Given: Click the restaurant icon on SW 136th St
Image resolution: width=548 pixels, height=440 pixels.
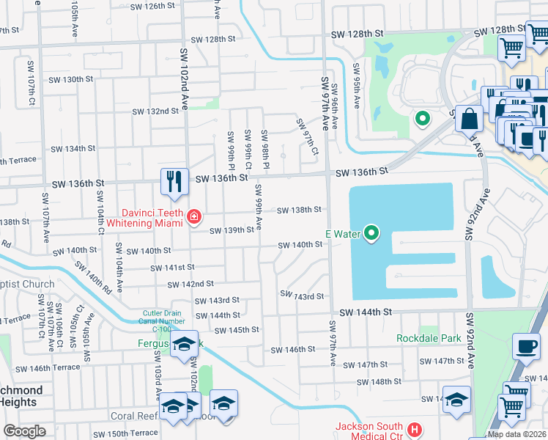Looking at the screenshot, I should [174, 181].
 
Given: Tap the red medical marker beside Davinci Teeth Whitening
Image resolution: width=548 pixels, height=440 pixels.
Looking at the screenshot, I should [193, 216].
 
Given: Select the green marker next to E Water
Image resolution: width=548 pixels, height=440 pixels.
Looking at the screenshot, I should [372, 234].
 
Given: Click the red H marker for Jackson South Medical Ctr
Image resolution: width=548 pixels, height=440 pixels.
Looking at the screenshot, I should [415, 428].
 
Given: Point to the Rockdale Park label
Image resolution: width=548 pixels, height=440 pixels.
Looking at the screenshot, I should [429, 338].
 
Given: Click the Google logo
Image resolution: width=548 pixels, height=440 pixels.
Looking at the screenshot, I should [24, 431].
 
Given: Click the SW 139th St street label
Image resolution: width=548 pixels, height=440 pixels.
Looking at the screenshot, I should [232, 230].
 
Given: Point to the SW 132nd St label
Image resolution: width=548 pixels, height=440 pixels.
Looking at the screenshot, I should [155, 111].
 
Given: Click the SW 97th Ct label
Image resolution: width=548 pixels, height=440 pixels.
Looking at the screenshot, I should [308, 131].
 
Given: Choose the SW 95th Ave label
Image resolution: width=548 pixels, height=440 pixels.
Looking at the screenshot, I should [355, 87].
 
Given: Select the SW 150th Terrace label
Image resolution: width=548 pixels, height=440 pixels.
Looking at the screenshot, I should [134, 433].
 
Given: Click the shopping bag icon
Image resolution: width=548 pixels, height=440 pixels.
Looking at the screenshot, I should [469, 118].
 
